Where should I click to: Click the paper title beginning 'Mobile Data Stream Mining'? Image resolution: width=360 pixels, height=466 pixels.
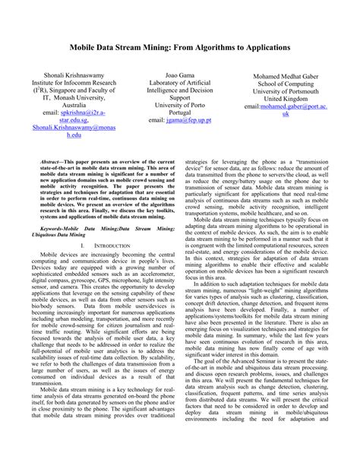180,46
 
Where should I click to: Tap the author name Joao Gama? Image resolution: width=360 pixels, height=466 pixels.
180,76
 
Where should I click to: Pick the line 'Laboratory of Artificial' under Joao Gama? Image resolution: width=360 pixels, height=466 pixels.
180,85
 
